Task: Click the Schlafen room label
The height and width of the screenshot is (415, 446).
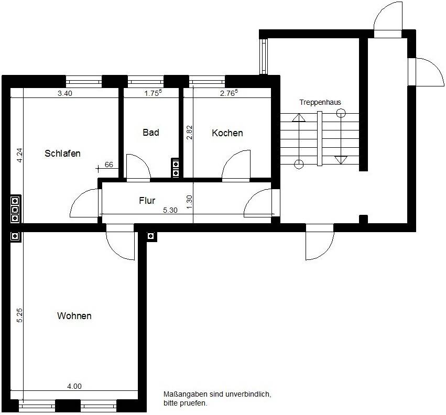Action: (62, 154)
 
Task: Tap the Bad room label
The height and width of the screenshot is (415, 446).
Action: (150, 133)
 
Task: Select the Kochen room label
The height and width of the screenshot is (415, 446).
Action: (227, 133)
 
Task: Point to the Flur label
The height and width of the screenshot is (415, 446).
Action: (147, 201)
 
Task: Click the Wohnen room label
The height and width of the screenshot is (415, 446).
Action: (74, 316)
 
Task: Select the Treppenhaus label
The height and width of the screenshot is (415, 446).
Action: (320, 102)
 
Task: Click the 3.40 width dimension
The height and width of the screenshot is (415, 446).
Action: (64, 94)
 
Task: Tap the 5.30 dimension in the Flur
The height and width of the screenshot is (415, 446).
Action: (171, 210)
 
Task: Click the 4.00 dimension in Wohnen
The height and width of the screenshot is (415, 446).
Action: (74, 387)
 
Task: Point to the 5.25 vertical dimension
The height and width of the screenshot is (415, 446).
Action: (19, 315)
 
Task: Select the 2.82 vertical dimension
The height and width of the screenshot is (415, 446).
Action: (190, 132)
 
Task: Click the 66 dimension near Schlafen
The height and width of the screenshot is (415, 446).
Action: (109, 165)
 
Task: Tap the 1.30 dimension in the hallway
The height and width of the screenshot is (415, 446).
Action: (190, 202)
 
